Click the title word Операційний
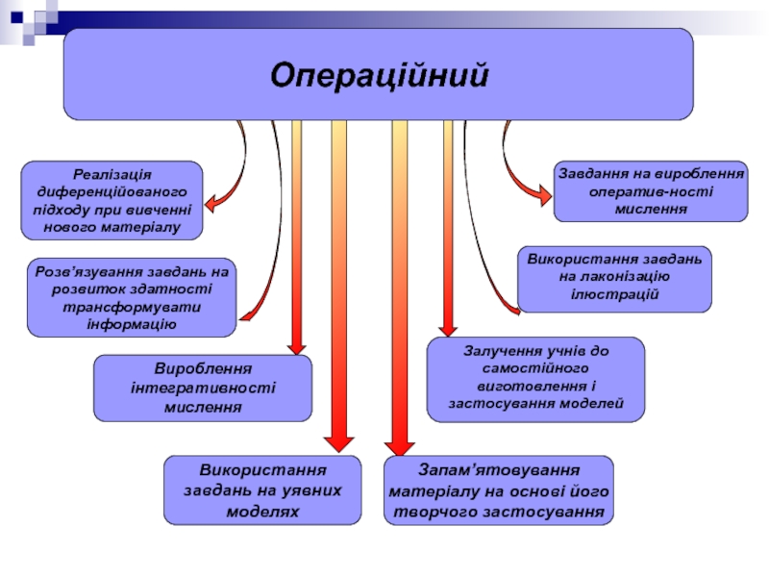[x=379, y=74]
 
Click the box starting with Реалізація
[x=112, y=200]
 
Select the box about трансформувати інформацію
[x=131, y=297]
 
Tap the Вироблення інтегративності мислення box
[x=202, y=388]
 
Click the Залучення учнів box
[x=535, y=378]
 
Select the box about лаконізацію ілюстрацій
[x=614, y=278]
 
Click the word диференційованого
[x=112, y=192]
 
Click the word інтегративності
[x=202, y=388]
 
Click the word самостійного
[x=535, y=369]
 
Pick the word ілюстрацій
[x=614, y=293]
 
